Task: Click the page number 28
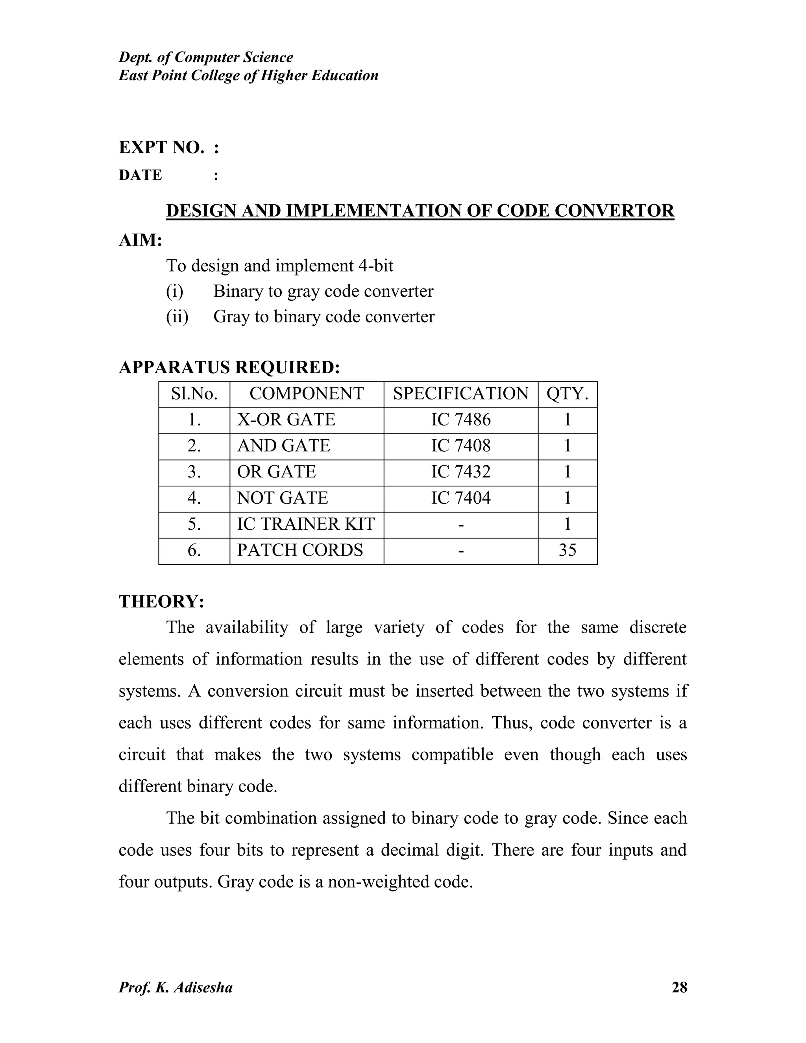pos(679,987)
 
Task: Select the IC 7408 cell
pos(461,446)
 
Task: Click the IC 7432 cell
pos(461,472)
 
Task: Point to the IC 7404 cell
pos(461,498)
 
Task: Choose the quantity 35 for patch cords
pos(567,550)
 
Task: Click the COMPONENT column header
pos(307,394)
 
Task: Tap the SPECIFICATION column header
pos(461,394)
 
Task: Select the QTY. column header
pos(567,394)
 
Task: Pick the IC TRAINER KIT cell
pos(305,524)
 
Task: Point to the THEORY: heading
pos(161,601)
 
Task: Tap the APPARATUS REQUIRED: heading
pos(229,367)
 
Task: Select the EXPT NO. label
pos(161,148)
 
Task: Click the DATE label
pos(140,175)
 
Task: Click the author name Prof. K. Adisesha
pos(175,987)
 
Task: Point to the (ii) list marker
pos(177,316)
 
